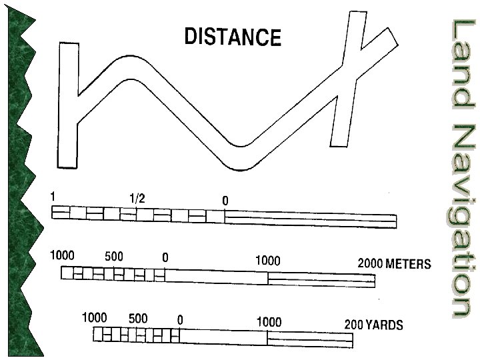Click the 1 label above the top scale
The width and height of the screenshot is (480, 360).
point(52,197)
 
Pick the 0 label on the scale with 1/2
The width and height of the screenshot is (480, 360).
point(225,200)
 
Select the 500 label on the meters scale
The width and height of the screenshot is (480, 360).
point(113,256)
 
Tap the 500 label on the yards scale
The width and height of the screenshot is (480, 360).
point(138,318)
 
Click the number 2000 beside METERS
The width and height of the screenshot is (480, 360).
point(370,263)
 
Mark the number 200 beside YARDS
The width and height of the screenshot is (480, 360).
point(353,325)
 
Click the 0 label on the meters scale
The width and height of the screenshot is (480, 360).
point(165,257)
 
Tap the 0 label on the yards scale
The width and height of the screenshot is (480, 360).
point(180,319)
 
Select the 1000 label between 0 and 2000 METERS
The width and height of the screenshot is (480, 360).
point(268,261)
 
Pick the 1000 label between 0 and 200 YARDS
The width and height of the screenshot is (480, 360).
point(269,322)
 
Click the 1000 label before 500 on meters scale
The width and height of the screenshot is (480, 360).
point(63,255)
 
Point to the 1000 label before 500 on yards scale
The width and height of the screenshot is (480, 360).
point(94,318)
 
